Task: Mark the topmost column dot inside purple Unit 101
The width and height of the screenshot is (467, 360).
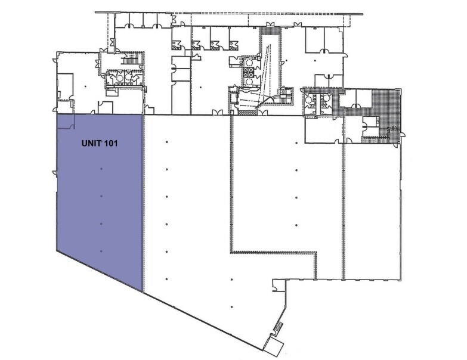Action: (101, 169)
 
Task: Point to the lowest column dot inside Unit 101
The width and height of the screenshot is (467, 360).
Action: (101, 252)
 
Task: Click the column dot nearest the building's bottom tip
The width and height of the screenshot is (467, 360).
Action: (231, 308)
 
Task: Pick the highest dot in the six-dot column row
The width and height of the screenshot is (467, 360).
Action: (166, 141)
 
